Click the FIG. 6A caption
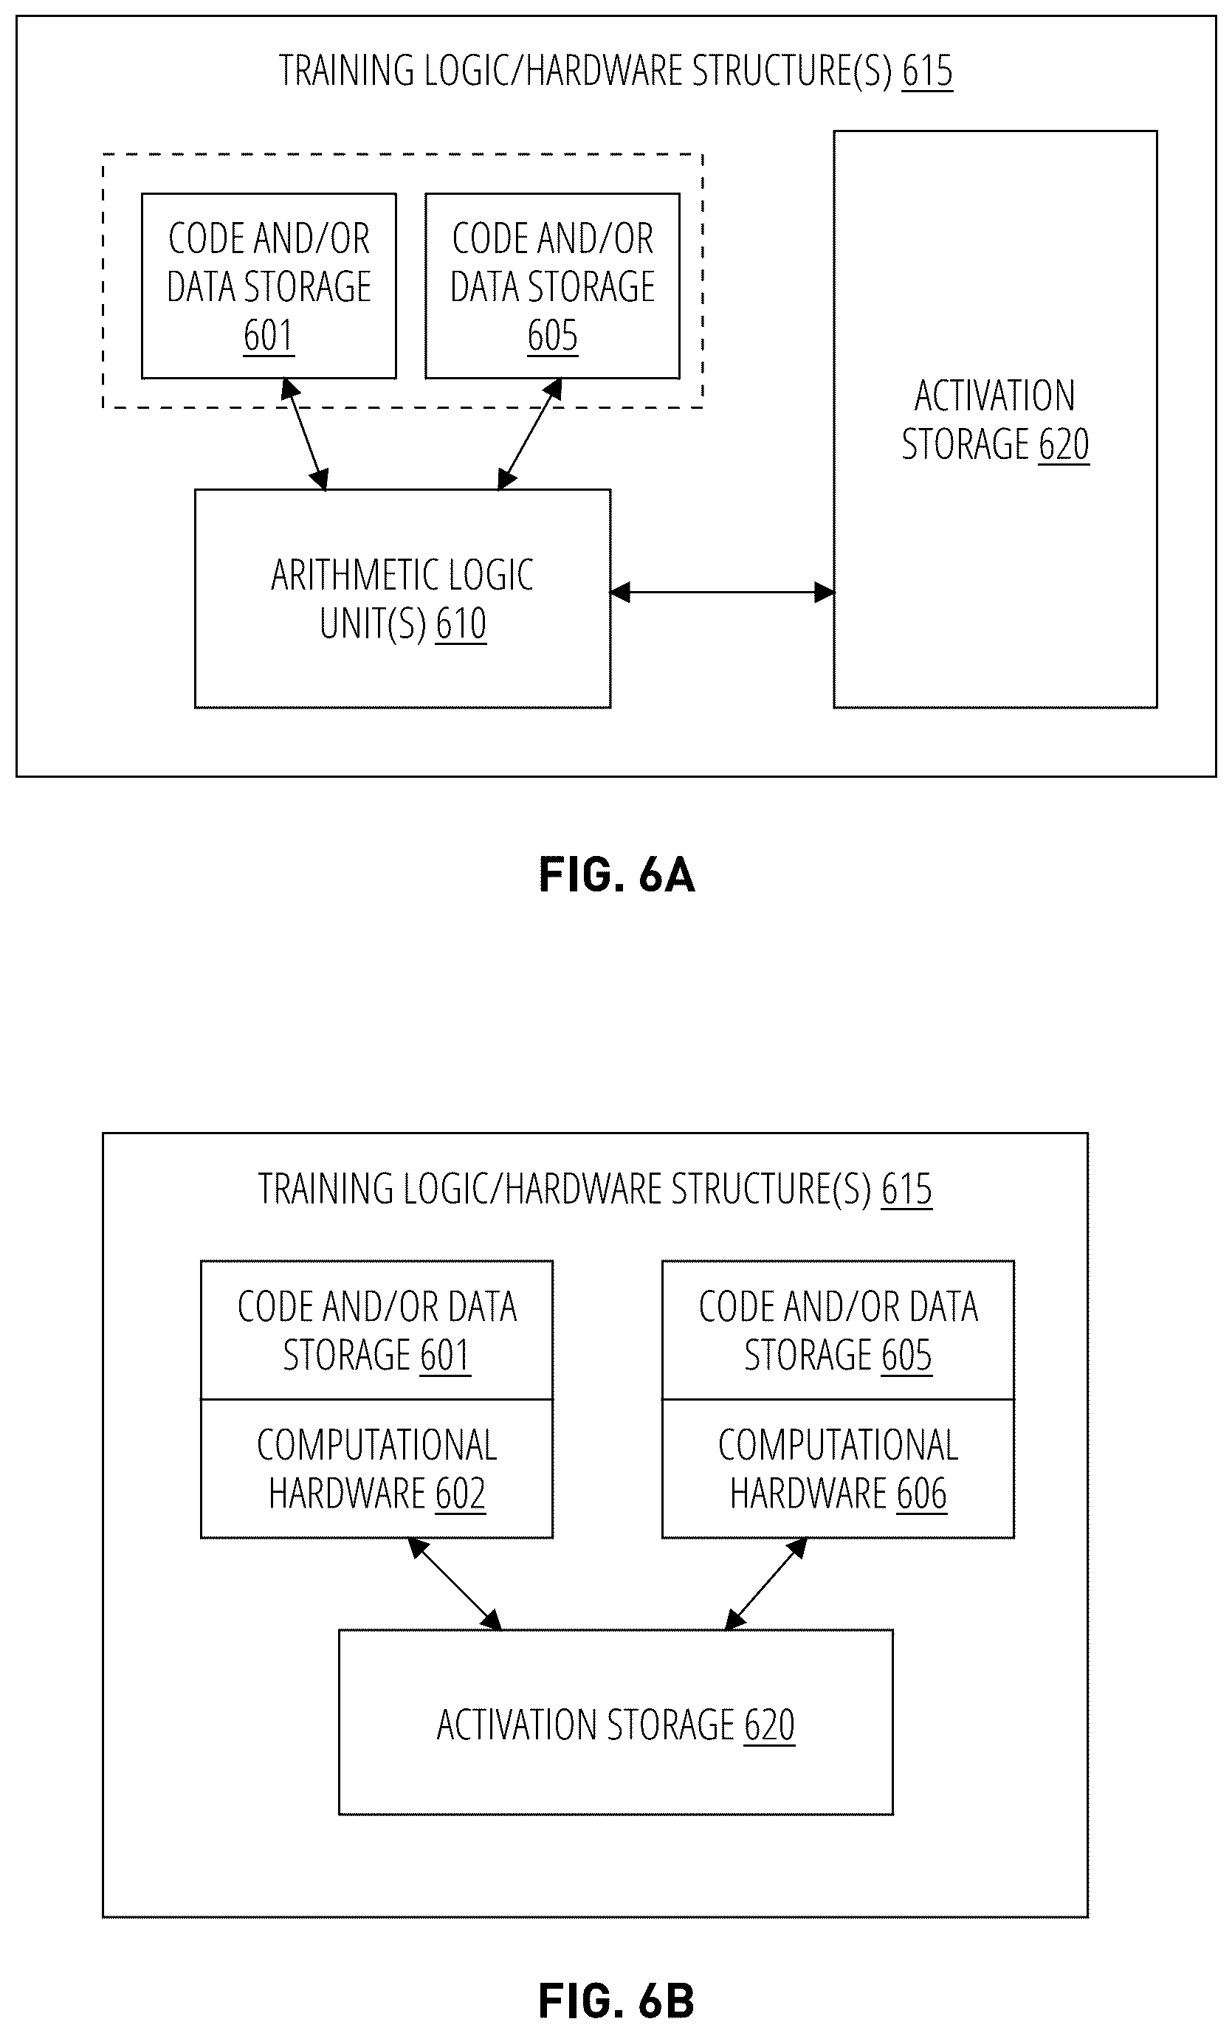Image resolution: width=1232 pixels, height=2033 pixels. [x=616, y=875]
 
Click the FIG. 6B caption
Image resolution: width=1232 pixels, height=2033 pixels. [x=616, y=2001]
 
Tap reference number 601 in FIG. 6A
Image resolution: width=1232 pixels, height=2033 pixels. [x=269, y=336]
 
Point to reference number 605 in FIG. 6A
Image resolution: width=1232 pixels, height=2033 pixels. [x=553, y=336]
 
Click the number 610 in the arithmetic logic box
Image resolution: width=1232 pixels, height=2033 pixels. [x=461, y=624]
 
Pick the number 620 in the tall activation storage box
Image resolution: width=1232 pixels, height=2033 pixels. [x=1064, y=445]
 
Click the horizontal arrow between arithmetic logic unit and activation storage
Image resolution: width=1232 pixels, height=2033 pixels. [x=722, y=592]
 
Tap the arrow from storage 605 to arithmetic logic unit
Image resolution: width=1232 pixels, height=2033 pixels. [x=530, y=434]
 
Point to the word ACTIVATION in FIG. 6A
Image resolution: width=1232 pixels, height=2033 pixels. [x=995, y=396]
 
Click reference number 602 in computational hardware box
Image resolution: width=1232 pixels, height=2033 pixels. [x=461, y=1494]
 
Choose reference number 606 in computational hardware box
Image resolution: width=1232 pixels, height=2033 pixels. [x=922, y=1494]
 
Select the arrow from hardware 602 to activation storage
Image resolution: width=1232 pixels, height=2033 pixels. [x=455, y=1584]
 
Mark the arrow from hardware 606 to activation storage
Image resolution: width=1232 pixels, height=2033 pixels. [x=765, y=1584]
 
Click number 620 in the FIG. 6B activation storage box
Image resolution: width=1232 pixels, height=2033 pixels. [x=769, y=1725]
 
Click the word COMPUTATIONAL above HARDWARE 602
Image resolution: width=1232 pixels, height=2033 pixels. [x=377, y=1446]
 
